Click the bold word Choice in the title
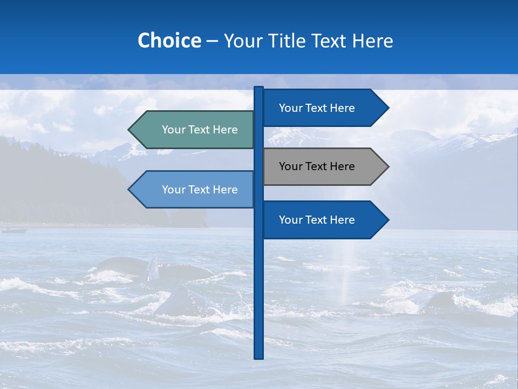click(169, 41)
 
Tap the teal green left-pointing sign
click(194, 130)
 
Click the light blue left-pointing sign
click(194, 190)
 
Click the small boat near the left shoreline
click(14, 231)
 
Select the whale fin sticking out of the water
click(154, 267)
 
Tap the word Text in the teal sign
click(200, 130)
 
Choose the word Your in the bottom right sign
click(290, 220)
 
